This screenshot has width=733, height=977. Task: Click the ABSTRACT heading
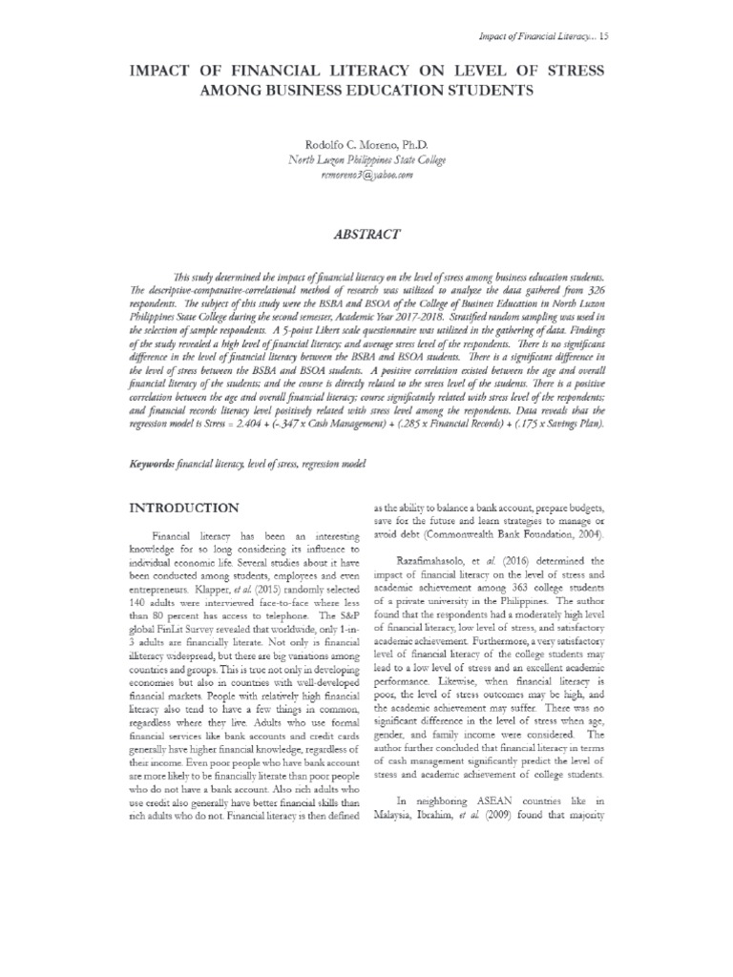(366, 233)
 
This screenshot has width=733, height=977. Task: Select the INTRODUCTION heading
(185, 508)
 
